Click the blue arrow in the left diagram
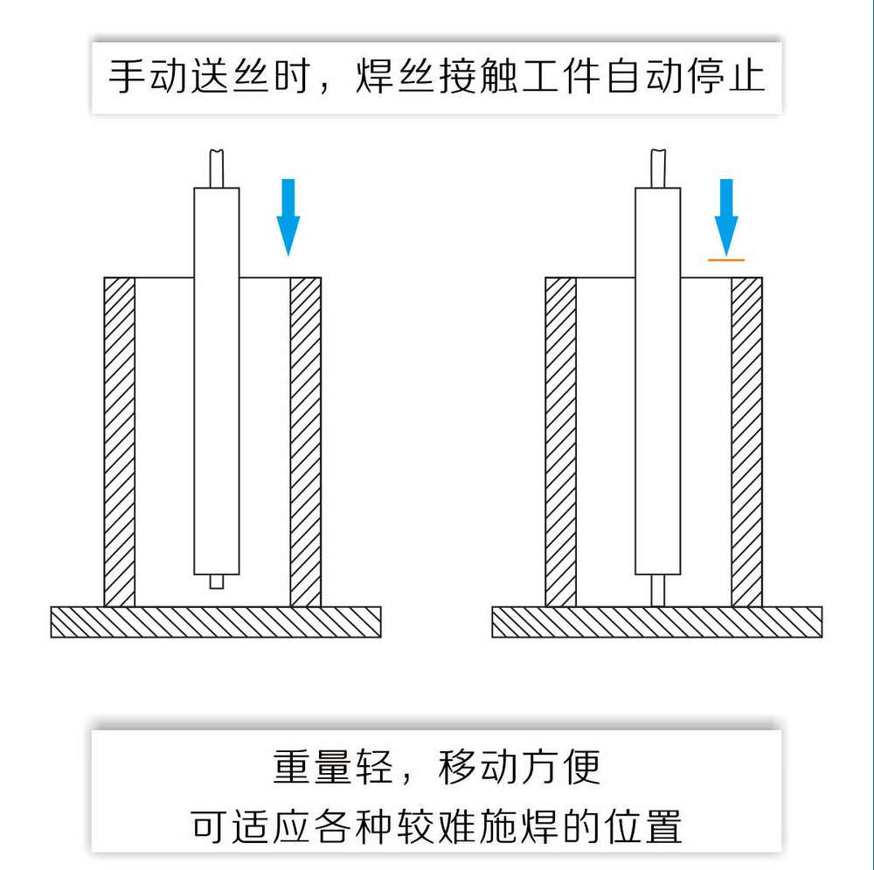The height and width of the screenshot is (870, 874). pyautogui.click(x=288, y=215)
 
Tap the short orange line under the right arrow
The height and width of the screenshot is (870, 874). pyautogui.click(x=726, y=259)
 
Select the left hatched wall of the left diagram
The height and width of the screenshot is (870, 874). pyautogui.click(x=120, y=442)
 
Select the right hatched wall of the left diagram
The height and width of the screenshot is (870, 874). pyautogui.click(x=306, y=442)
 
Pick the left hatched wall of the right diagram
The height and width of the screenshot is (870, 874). pyautogui.click(x=561, y=442)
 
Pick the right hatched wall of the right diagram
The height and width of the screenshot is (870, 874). pyautogui.click(x=747, y=442)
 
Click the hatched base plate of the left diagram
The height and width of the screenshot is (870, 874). pyautogui.click(x=216, y=621)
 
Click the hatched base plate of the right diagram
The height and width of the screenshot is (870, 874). pyautogui.click(x=657, y=621)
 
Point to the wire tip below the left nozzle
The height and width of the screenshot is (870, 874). pyautogui.click(x=217, y=581)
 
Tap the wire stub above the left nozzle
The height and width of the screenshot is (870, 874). pyautogui.click(x=217, y=168)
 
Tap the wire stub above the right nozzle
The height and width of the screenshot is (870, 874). pyautogui.click(x=658, y=168)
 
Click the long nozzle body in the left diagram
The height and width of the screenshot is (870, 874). pyautogui.click(x=217, y=380)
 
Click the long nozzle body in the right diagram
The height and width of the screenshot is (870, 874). pyautogui.click(x=658, y=380)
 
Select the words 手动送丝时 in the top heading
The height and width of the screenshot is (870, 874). pyautogui.click(x=209, y=77)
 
